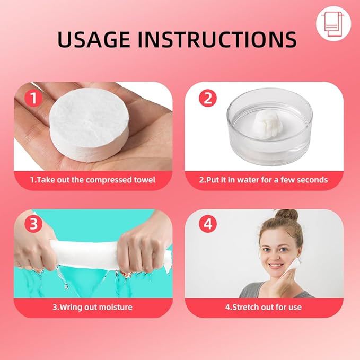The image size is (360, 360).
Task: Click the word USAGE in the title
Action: [94, 39]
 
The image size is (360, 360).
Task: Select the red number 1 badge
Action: [33, 98]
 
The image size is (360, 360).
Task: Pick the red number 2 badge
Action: [208, 98]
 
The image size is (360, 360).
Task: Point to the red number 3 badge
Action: [33, 224]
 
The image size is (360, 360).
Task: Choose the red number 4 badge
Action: [208, 224]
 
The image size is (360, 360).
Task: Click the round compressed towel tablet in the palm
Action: [89, 124]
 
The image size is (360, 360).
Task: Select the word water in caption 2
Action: [249, 180]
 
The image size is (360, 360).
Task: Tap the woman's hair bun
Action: [286, 215]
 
